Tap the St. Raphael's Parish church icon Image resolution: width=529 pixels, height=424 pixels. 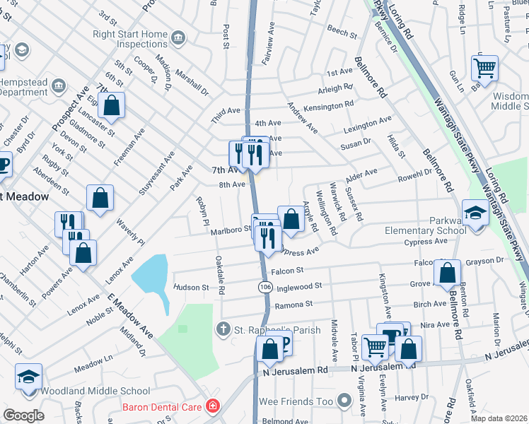click(223, 329)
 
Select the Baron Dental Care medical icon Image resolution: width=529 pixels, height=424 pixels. click(211, 406)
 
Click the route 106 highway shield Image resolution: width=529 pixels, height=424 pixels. click(264, 286)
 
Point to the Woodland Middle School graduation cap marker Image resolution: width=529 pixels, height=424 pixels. click(29, 377)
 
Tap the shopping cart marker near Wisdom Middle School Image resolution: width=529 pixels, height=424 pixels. click(484, 69)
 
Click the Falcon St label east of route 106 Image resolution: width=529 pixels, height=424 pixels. click(287, 270)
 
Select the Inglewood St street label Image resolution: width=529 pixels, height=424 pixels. click(299, 286)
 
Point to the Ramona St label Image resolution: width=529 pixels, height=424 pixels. click(293, 304)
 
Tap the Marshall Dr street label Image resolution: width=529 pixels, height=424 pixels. click(192, 82)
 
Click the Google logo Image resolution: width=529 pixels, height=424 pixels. click(23, 415)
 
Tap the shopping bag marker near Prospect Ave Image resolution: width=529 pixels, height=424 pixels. click(112, 106)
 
